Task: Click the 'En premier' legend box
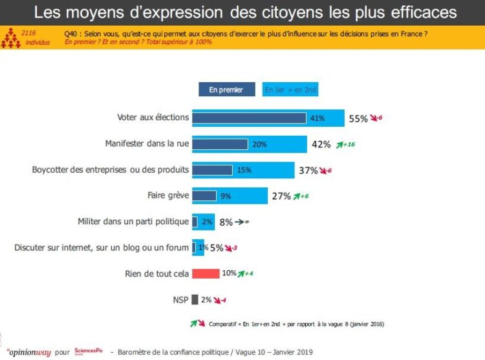(x=226, y=90)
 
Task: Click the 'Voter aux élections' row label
(x=153, y=118)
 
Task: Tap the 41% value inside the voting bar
(x=317, y=118)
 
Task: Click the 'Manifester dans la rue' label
(x=147, y=143)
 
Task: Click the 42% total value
(x=321, y=144)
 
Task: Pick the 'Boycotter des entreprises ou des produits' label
(x=111, y=170)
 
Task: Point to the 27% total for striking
(x=281, y=196)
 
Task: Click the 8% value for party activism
(x=226, y=222)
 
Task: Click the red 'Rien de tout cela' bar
(x=206, y=273)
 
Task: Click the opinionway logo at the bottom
(x=29, y=351)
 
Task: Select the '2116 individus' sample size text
(x=28, y=36)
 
